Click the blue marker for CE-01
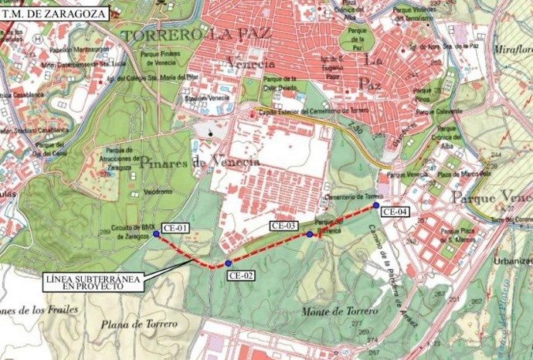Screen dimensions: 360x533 pos(156,234)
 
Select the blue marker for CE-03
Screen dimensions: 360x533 pos(310,234)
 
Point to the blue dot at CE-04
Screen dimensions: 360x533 pos(376,205)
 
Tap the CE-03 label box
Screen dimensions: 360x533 pos(283,226)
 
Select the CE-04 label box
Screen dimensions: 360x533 pos(396,211)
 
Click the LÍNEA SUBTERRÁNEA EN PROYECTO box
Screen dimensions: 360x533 pos(93,281)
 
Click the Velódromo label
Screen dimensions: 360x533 pos(158,190)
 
